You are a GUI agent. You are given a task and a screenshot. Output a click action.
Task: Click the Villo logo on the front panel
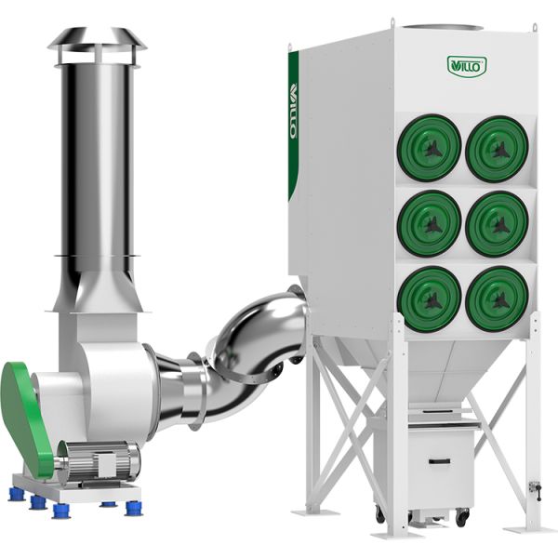[467, 66]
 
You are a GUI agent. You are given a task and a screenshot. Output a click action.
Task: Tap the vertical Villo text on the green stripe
[294, 111]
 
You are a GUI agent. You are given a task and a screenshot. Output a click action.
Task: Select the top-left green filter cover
[429, 148]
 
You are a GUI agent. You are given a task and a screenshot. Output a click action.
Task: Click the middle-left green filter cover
[429, 223]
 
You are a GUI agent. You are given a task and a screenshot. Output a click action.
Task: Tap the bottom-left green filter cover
[429, 299]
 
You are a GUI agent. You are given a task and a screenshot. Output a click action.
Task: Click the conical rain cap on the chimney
[97, 38]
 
